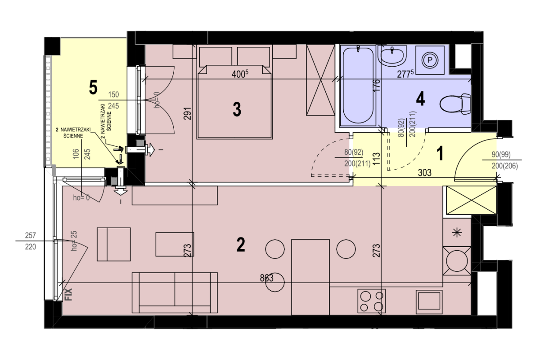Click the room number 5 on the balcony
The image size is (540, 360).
pos(93,87)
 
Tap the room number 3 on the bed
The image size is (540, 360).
pos(237,109)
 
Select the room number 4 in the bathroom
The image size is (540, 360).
pos(420,99)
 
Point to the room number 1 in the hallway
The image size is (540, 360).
pos(440,153)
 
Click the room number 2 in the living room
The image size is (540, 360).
pos(241,244)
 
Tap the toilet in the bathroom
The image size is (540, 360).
pos(455,104)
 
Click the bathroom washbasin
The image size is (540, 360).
pos(392,56)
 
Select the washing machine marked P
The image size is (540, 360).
pos(430,60)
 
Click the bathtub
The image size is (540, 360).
pos(358,85)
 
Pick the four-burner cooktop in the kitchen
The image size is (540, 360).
pos(372,301)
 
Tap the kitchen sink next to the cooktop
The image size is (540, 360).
pos(429,302)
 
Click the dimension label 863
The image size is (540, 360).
pos(266,278)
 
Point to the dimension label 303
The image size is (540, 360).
pos(424,173)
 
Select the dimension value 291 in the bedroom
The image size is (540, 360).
pos(188,113)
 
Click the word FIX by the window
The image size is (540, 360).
pos(68,294)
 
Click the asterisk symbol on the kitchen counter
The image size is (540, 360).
pos(457,233)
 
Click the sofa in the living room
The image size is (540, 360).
pos(175,293)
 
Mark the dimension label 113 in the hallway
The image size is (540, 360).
pos(376,159)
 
